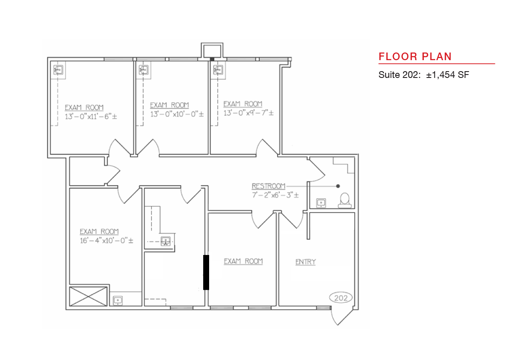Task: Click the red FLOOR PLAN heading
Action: pos(415,56)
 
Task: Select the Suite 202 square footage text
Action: pos(423,75)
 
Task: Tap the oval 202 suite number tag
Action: pos(341,298)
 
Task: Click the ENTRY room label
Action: pos(306,262)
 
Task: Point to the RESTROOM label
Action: pos(268,186)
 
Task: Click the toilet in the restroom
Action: pos(345,200)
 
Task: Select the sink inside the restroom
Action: pos(321,203)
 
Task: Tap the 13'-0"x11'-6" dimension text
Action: pos(91,116)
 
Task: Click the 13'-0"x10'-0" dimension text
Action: pos(177,114)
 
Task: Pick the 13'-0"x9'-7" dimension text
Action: pos(248,113)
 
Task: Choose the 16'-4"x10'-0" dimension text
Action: pos(106,241)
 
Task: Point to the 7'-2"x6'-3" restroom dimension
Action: pos(275,195)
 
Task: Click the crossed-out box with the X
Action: pos(88,296)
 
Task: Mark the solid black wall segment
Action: pos(206,272)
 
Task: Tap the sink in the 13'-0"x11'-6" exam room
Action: pos(58,69)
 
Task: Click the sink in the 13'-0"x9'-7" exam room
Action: pos(218,69)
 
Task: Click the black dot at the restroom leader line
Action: pos(338,186)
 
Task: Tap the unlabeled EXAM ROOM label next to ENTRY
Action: pos(243,262)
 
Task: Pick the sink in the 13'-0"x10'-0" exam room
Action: pos(144,69)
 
